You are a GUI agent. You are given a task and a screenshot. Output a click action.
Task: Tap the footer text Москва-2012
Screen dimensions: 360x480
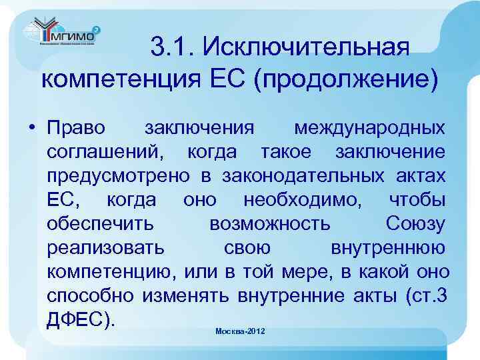pos(241,331)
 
